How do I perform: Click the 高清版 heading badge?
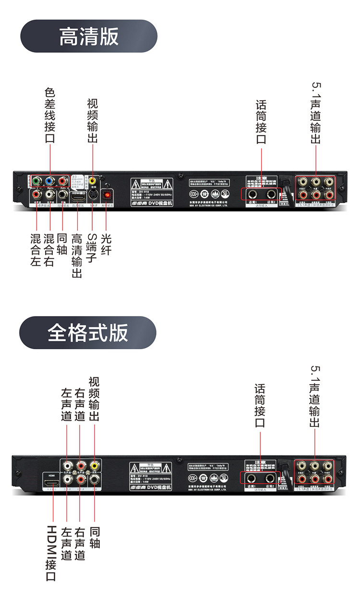click(x=89, y=36)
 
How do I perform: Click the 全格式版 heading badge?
click(x=88, y=332)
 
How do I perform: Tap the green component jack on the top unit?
click(x=36, y=182)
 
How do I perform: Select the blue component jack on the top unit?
click(x=49, y=182)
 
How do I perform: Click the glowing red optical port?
click(x=108, y=195)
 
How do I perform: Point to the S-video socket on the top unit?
click(x=93, y=195)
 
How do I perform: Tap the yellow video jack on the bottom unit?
click(x=95, y=465)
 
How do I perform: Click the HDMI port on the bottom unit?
click(x=51, y=480)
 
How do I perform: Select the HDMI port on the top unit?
click(x=78, y=196)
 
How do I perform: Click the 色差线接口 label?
click(x=50, y=115)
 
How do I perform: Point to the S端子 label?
click(x=92, y=248)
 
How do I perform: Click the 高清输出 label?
click(x=77, y=256)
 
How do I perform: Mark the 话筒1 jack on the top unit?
click(x=252, y=194)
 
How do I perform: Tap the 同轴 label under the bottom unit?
click(x=95, y=538)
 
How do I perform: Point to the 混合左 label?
click(x=36, y=250)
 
